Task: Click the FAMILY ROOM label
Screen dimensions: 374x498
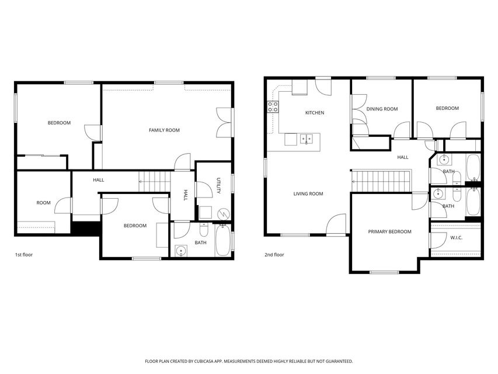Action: point(164,130)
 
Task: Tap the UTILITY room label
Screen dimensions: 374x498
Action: point(218,185)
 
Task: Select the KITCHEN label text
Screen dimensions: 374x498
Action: point(314,113)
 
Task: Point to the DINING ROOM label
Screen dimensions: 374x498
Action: point(382,109)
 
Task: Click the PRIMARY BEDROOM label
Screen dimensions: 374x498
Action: point(389,232)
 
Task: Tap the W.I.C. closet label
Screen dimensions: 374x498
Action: point(456,237)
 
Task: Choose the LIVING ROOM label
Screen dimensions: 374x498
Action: point(308,194)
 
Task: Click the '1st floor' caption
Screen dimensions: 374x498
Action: point(23,255)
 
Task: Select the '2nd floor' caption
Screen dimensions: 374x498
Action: point(274,255)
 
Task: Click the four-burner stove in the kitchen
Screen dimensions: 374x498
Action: point(273,107)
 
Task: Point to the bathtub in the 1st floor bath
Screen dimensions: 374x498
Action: point(223,241)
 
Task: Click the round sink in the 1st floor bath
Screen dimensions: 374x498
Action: point(182,252)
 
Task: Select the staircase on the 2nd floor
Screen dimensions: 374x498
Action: point(381,180)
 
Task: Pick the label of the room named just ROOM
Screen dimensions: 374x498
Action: point(44,203)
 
